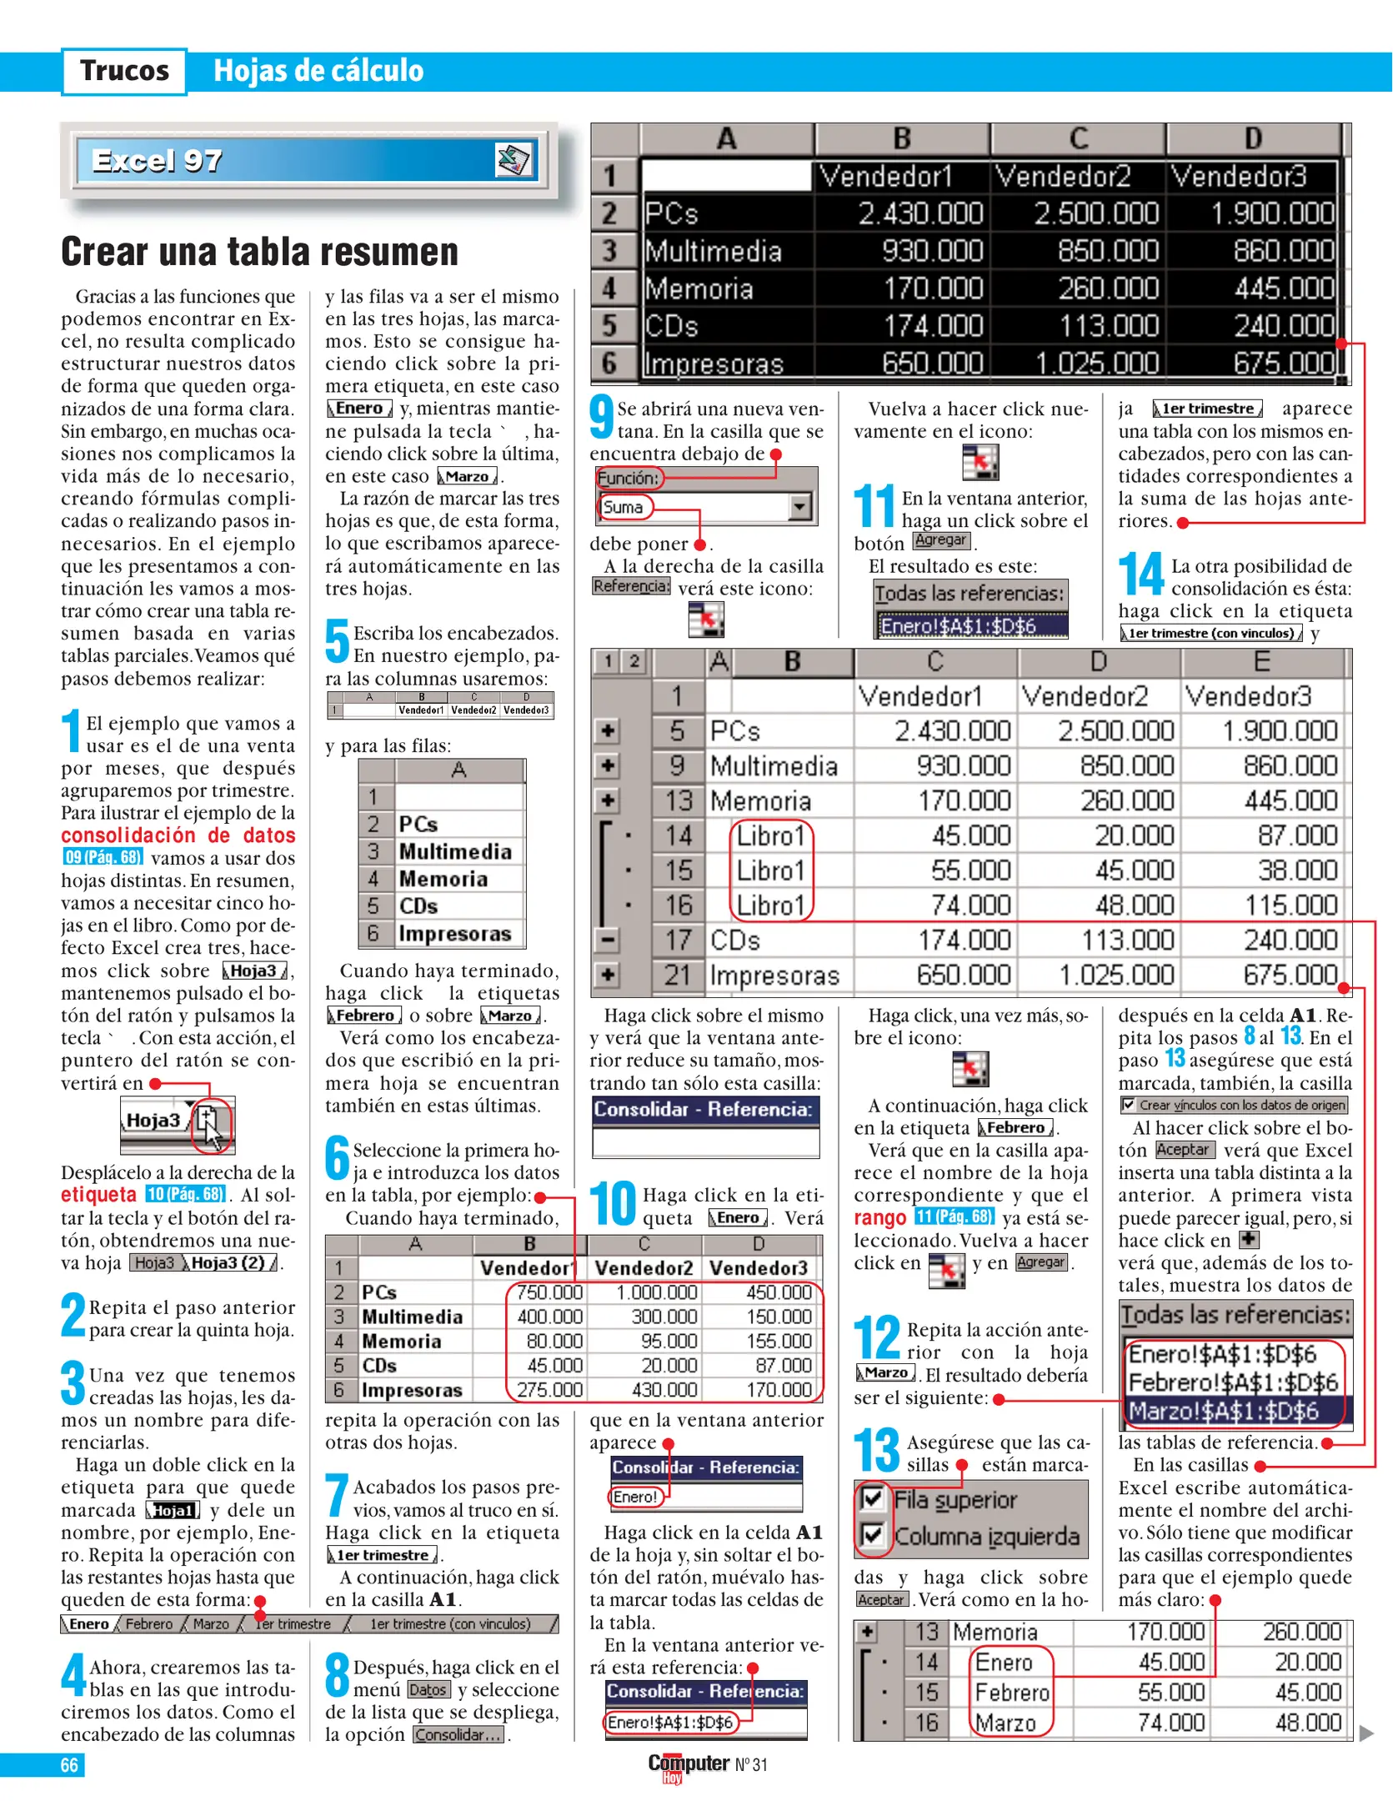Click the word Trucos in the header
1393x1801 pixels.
(x=124, y=71)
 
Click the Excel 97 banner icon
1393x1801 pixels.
(x=514, y=159)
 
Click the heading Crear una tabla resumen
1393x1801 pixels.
(x=259, y=252)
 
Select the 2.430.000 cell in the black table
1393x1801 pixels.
(x=920, y=214)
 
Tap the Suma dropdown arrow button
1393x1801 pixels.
(x=799, y=506)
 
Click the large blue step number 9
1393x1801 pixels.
(x=601, y=416)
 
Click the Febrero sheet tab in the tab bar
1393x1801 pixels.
(x=149, y=1623)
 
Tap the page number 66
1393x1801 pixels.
(x=69, y=1764)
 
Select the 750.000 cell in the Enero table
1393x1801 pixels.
(x=549, y=1292)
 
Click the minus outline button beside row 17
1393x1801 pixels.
(x=608, y=940)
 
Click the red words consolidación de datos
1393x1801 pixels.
(x=178, y=835)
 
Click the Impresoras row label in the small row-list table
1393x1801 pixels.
(x=454, y=933)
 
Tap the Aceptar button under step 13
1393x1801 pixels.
(x=880, y=1599)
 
